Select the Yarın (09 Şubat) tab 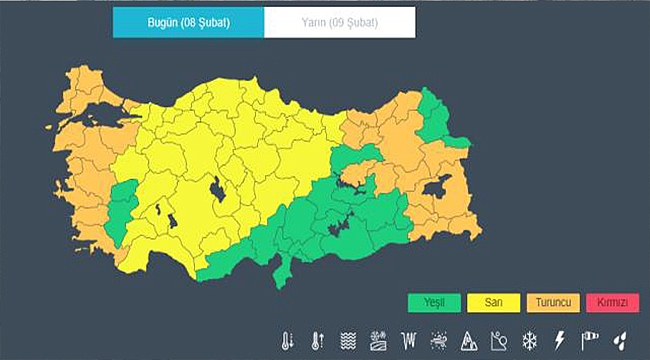click(340, 21)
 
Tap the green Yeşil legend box click(433, 301)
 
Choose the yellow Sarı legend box click(492, 301)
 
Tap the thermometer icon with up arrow click(318, 340)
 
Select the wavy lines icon click(348, 340)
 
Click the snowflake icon click(529, 340)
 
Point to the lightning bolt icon click(559, 340)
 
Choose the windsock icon click(589, 340)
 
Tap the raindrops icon click(620, 340)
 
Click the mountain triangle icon click(468, 340)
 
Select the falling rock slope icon click(498, 340)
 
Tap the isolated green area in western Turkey click(123, 210)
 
